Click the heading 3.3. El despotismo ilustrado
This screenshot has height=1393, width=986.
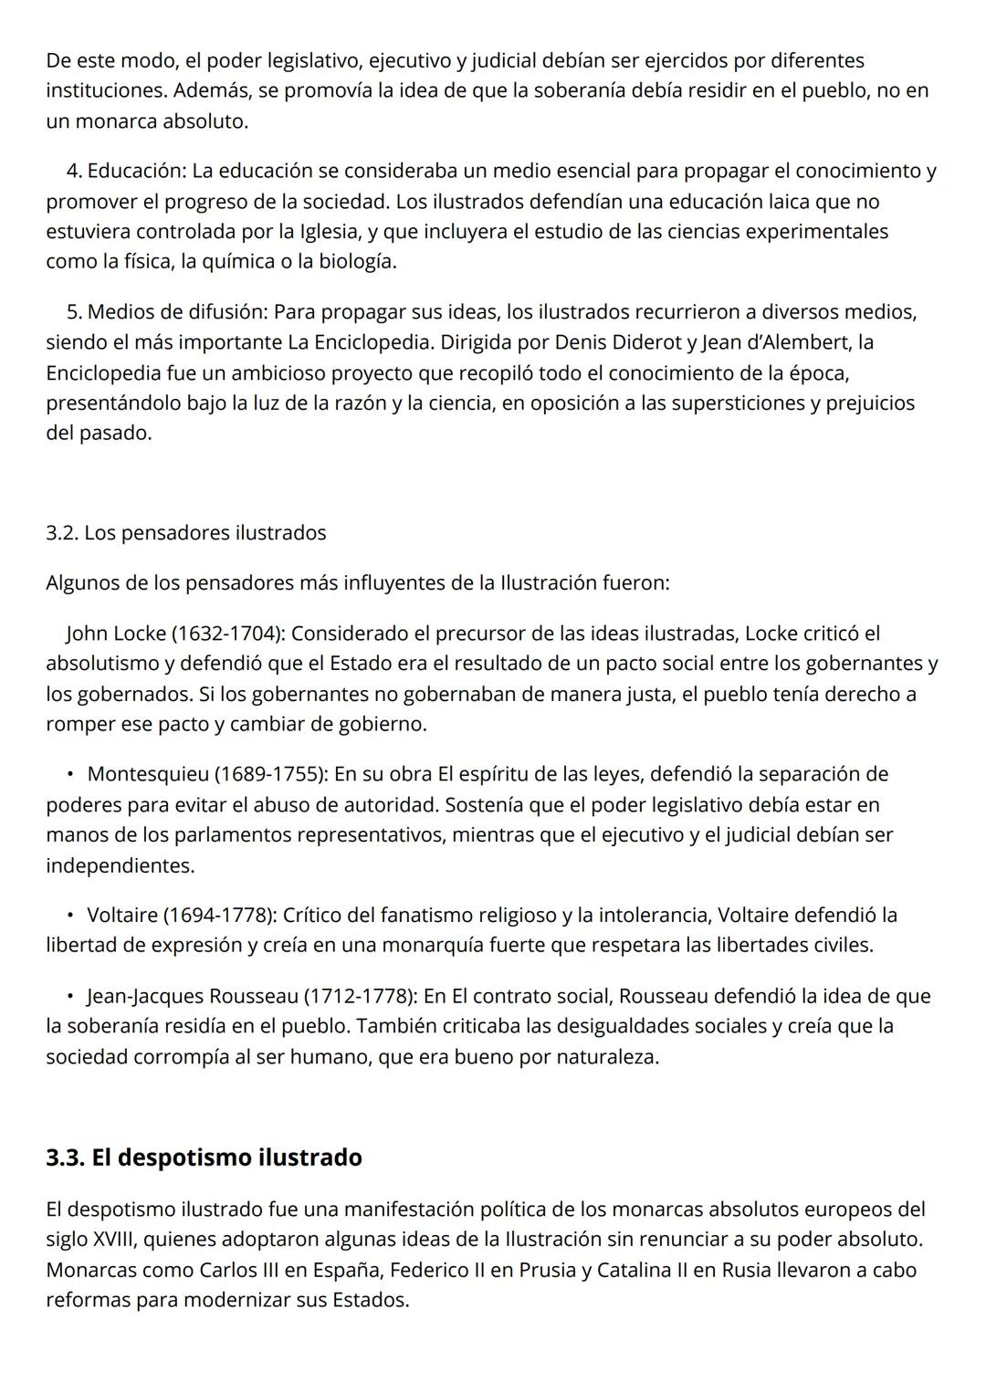point(204,1157)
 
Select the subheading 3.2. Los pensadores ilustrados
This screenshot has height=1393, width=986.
point(185,532)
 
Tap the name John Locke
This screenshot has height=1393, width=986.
point(116,633)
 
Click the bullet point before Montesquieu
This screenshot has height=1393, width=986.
point(69,774)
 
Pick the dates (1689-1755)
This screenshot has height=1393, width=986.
point(271,774)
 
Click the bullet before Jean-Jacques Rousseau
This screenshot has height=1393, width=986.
point(69,996)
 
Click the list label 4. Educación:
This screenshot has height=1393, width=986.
point(126,171)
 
